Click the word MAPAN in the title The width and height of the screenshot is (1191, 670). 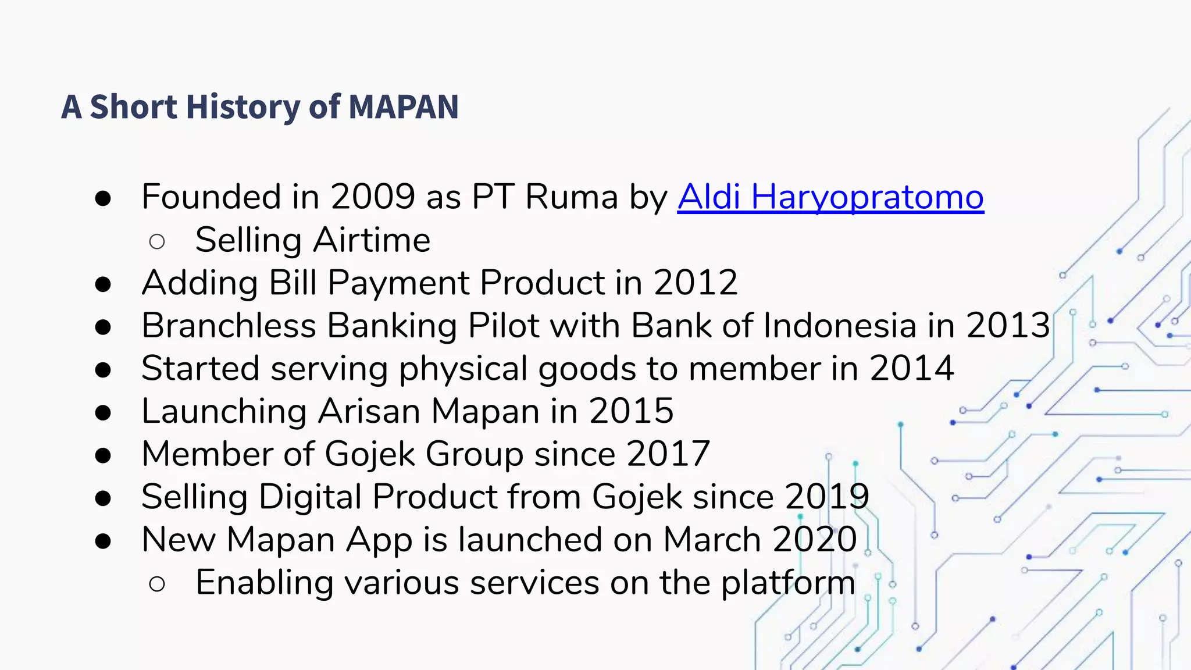(404, 107)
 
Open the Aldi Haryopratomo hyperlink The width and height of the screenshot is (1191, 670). (830, 197)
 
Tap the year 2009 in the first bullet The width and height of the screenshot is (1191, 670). (372, 197)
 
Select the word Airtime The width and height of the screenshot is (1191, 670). (372, 240)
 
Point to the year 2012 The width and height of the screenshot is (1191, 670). (696, 283)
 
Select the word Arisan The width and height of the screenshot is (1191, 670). (369, 411)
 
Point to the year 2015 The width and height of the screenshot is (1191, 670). (631, 411)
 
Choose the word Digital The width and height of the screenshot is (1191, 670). (310, 497)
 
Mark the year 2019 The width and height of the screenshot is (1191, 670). (827, 497)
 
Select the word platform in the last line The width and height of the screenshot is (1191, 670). (788, 583)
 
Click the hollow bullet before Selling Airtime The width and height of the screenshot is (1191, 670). (157, 241)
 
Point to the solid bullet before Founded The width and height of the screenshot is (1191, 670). (103, 198)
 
